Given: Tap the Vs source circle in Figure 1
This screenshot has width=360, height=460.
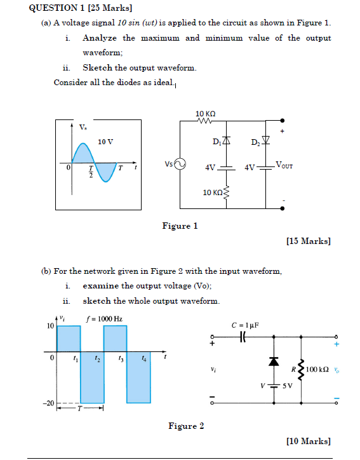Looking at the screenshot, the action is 180,164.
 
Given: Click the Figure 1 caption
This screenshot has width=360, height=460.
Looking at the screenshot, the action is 180,226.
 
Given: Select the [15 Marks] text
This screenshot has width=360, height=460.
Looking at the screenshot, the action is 309,241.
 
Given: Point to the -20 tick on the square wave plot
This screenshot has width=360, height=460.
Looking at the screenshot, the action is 48,403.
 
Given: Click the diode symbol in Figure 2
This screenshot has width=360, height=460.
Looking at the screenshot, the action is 274,361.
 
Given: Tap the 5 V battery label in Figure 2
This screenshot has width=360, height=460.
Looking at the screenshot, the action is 287,385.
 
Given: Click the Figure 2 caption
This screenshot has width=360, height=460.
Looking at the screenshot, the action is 186,426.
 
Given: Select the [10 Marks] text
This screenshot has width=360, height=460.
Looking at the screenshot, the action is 309,440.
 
